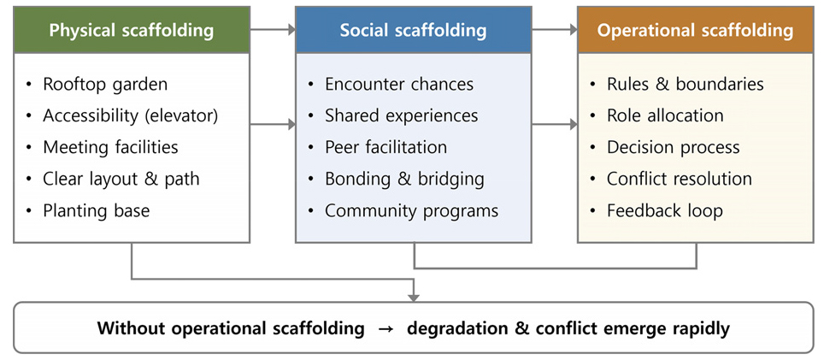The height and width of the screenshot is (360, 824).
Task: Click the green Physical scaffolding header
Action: pyautogui.click(x=131, y=31)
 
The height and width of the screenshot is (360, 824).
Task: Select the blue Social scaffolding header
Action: pyautogui.click(x=413, y=31)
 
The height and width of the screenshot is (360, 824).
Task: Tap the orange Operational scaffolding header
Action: pyautogui.click(x=695, y=31)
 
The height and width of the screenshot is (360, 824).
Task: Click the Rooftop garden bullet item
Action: pyautogui.click(x=105, y=84)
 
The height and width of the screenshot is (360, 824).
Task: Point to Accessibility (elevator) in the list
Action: pyautogui.click(x=131, y=115)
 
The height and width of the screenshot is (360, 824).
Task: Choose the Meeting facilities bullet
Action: pyautogui.click(x=110, y=147)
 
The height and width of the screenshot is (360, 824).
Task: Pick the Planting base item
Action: pyautogui.click(x=96, y=210)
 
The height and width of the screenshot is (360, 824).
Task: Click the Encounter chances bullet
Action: pyautogui.click(x=399, y=84)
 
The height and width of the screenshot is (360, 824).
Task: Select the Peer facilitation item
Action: pyautogui.click(x=386, y=147)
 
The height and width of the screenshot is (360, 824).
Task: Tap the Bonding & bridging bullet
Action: pyautogui.click(x=404, y=179)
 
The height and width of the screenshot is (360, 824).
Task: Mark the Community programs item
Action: pyautogui.click(x=411, y=210)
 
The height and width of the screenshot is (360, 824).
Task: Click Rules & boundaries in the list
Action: pyautogui.click(x=686, y=84)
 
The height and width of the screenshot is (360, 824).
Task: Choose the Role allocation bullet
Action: pyautogui.click(x=665, y=115)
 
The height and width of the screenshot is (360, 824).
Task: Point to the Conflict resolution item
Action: pyautogui.click(x=680, y=179)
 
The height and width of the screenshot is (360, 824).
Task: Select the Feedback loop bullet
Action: pyautogui.click(x=665, y=210)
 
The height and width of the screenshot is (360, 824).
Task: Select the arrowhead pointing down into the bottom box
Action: pyautogui.click(x=414, y=297)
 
